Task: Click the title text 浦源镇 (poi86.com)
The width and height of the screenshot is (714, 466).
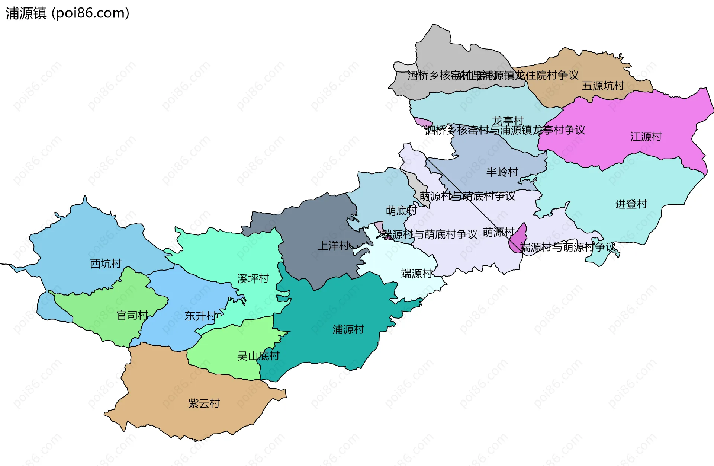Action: pos(67,13)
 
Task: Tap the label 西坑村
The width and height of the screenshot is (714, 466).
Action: pos(106,264)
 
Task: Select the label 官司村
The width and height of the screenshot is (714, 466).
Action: pos(132,316)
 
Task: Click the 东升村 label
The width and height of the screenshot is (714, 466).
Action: pos(200,316)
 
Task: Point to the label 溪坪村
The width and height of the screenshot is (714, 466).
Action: pos(253,278)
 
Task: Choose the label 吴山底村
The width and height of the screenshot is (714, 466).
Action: pos(258,356)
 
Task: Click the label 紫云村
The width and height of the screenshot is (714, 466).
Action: pos(204,403)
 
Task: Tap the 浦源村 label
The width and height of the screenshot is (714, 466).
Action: pos(348,329)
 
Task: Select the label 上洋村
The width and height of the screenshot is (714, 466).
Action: pos(333,246)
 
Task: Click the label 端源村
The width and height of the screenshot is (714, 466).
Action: pos(416,274)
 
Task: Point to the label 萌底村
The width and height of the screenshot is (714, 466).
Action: pos(401,211)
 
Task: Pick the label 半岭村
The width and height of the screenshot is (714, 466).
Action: pos(502,172)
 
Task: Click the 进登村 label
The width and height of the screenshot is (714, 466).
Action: pos(631,204)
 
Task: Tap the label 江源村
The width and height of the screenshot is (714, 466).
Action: pos(646,137)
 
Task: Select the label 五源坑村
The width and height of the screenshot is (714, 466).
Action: pos(603,86)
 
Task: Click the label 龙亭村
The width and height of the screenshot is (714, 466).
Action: pos(508,121)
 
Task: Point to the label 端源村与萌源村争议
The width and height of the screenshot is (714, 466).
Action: pos(568,247)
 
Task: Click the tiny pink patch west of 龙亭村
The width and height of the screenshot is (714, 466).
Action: pos(423,122)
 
